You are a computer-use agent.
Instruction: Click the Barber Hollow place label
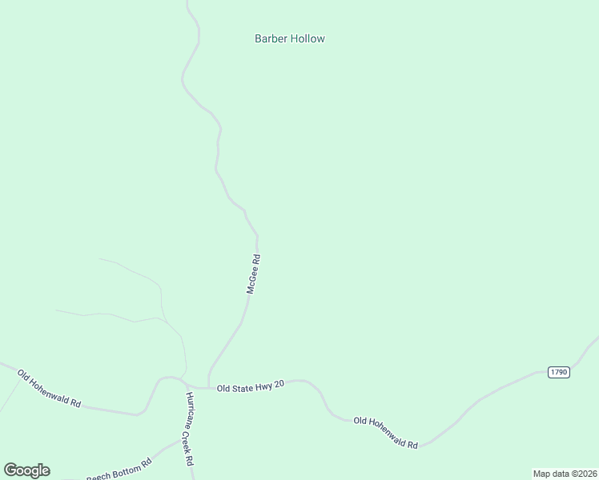point(289,38)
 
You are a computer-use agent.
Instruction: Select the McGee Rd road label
point(254,274)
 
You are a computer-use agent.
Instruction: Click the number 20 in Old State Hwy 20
point(279,386)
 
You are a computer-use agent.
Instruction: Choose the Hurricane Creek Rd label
point(190,430)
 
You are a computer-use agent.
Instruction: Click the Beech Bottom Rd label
point(119,470)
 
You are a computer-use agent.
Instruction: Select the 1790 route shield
point(558,373)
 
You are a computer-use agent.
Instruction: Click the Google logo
point(26,470)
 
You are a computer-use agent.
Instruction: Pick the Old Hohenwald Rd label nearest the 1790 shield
point(386,432)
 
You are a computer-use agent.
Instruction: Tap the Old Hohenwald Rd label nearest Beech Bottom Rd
point(50,389)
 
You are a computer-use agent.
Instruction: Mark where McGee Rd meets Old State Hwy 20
point(208,387)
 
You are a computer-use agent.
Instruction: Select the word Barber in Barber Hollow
point(271,38)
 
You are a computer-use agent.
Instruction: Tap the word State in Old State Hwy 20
point(243,386)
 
